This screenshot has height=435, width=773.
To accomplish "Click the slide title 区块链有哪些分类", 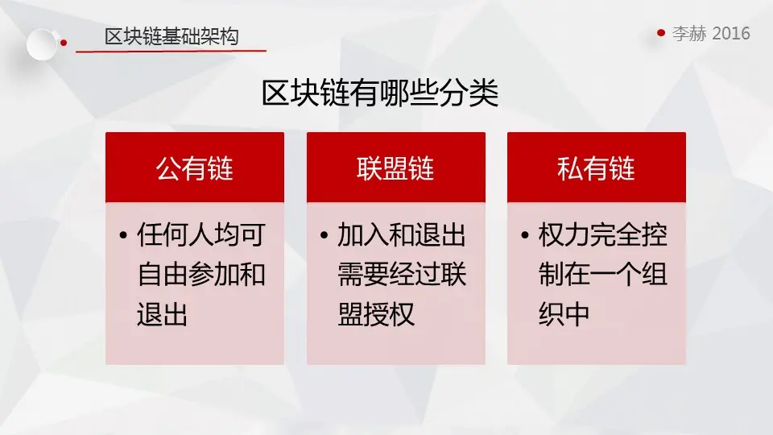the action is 379,93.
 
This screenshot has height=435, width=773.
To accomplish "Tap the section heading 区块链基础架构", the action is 172,36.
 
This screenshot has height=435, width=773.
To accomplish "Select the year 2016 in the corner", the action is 731,33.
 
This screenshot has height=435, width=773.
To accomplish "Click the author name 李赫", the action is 690,33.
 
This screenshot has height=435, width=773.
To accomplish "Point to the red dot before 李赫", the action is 661,33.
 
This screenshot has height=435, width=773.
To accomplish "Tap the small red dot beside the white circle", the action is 64,43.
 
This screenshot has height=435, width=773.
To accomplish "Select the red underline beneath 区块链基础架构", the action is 171,50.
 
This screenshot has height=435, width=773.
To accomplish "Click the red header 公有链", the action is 195,168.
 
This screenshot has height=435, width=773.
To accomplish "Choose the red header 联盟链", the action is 396,168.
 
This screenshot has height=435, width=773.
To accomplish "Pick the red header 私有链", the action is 597,168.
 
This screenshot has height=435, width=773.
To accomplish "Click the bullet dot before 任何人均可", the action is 123,234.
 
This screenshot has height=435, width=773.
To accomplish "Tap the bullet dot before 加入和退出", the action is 324,234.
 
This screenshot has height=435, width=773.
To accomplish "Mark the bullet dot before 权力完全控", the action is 524,234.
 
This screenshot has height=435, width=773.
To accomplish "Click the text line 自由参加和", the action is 201,274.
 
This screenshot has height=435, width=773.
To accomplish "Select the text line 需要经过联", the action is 402,274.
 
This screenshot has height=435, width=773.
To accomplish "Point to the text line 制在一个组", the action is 603,274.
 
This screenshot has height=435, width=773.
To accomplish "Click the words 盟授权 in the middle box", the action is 376,313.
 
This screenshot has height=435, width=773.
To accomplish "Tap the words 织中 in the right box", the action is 564,313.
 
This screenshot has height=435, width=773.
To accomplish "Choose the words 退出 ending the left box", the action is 162,313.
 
